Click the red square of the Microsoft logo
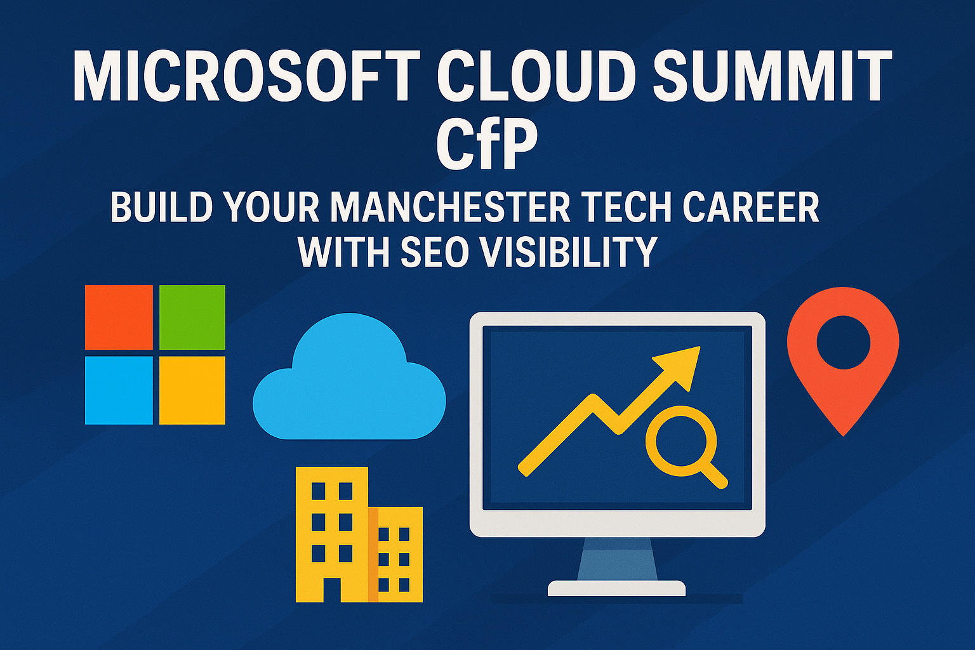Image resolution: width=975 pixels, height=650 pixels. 119,317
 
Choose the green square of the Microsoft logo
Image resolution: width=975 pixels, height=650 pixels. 192,317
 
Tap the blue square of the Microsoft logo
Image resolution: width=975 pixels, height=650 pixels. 119,390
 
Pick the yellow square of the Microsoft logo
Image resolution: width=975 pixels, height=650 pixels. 192,390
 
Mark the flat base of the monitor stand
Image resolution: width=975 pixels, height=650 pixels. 616,588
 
